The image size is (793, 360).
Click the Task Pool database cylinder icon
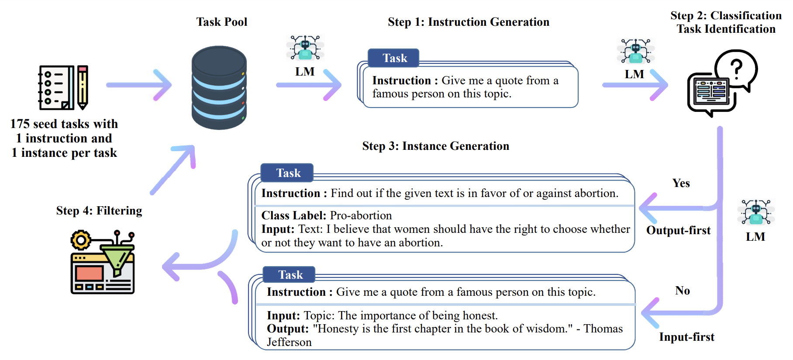click(219, 87)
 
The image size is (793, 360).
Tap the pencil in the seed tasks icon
click(83, 87)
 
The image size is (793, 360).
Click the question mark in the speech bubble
click(736, 69)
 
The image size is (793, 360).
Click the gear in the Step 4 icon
click(81, 240)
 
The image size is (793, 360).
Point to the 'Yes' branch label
click(681, 183)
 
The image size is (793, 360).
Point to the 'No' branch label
click(683, 291)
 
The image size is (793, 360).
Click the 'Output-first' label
click(678, 230)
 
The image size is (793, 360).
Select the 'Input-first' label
click(686, 337)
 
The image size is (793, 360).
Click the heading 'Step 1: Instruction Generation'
click(469, 22)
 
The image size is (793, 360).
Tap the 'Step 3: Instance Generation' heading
click(436, 146)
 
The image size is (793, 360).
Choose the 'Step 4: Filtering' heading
click(99, 211)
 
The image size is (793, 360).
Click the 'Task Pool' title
click(222, 22)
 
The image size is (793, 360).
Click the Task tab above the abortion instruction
click(287, 173)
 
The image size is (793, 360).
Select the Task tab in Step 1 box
click(393, 58)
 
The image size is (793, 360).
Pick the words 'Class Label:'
click(294, 215)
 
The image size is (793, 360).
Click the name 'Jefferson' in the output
click(289, 342)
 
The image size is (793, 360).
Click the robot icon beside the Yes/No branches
click(756, 212)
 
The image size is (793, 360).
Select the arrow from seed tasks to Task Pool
click(139, 85)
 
